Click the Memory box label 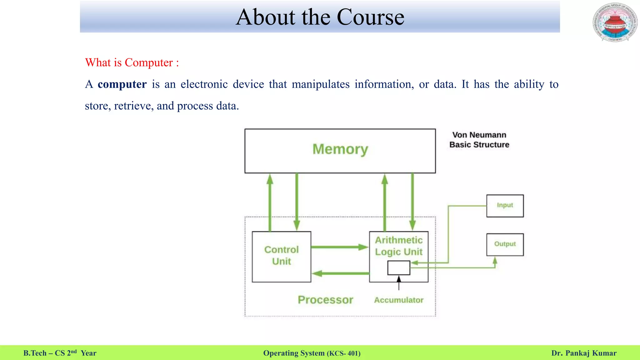click(x=340, y=149)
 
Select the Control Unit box click(x=281, y=256)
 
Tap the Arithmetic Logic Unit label click(x=399, y=246)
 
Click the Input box click(x=505, y=206)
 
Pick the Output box click(x=505, y=244)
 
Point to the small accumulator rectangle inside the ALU click(x=399, y=268)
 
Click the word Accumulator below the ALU click(x=399, y=300)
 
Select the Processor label click(x=325, y=300)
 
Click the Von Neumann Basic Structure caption click(x=479, y=140)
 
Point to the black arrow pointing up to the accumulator click(x=399, y=283)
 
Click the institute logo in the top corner click(x=615, y=22)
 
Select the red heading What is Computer click(x=132, y=62)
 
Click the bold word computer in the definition click(x=122, y=84)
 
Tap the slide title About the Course click(x=320, y=17)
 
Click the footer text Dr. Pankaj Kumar click(x=584, y=353)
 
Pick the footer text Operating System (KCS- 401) click(x=312, y=353)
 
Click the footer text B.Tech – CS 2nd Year click(x=60, y=353)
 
